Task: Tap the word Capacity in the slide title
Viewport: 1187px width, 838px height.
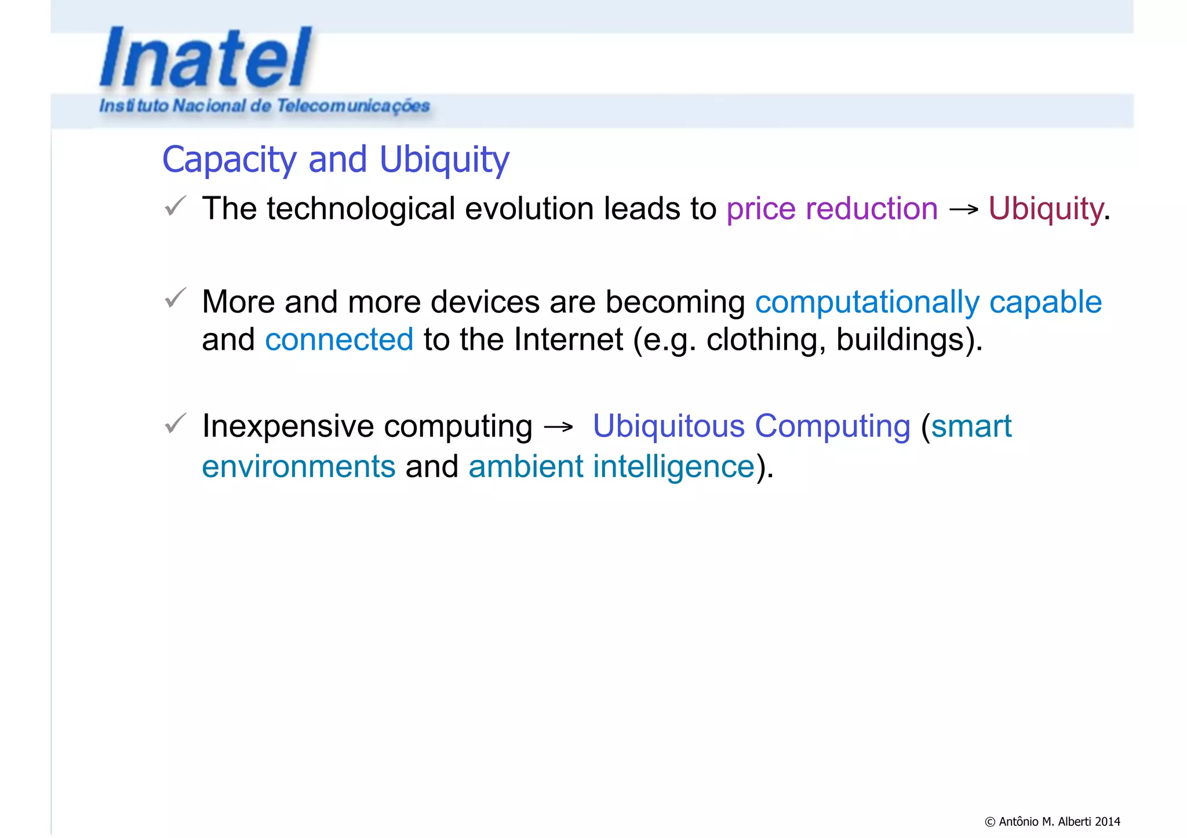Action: [x=229, y=160]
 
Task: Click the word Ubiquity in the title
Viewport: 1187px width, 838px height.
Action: [x=444, y=160]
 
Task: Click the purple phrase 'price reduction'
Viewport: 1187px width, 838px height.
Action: [x=832, y=208]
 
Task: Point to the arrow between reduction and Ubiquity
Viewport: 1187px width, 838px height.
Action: [x=963, y=210]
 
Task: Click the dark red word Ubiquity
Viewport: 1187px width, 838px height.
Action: [x=1046, y=208]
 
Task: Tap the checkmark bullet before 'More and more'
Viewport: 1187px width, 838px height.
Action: [x=175, y=298]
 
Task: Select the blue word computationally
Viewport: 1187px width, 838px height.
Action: [x=867, y=302]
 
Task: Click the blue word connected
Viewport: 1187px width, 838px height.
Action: [x=339, y=339]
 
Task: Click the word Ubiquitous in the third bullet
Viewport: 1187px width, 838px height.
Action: [x=668, y=427]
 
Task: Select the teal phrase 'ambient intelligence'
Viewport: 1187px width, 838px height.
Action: [x=611, y=467]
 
